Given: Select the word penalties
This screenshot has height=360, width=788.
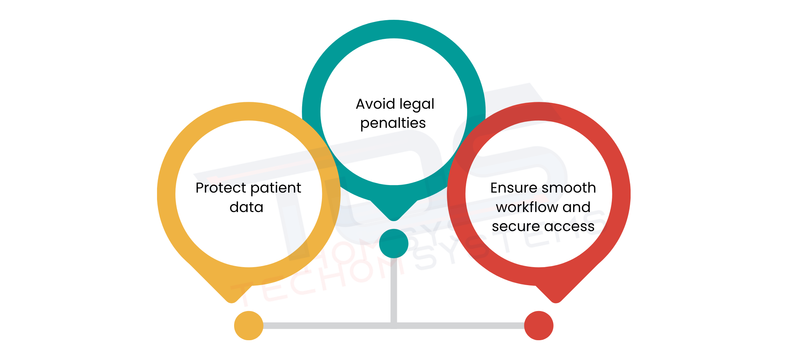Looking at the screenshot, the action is [x=393, y=123].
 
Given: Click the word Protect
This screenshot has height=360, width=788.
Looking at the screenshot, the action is [x=221, y=188].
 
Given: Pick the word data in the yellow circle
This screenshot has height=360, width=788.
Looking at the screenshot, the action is [x=246, y=207].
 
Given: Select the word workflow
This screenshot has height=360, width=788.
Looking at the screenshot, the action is [x=527, y=207].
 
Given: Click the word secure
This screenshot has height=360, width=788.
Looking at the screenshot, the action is [x=516, y=226].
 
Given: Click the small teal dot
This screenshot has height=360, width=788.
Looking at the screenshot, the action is [x=394, y=244].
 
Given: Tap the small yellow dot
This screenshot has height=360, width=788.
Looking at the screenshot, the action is [x=249, y=325].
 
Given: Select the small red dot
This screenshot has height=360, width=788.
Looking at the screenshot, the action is [x=538, y=325].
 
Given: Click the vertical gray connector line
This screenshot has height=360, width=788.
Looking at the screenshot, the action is [x=394, y=288].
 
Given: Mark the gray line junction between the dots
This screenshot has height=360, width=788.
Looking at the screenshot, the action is [x=394, y=325].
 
